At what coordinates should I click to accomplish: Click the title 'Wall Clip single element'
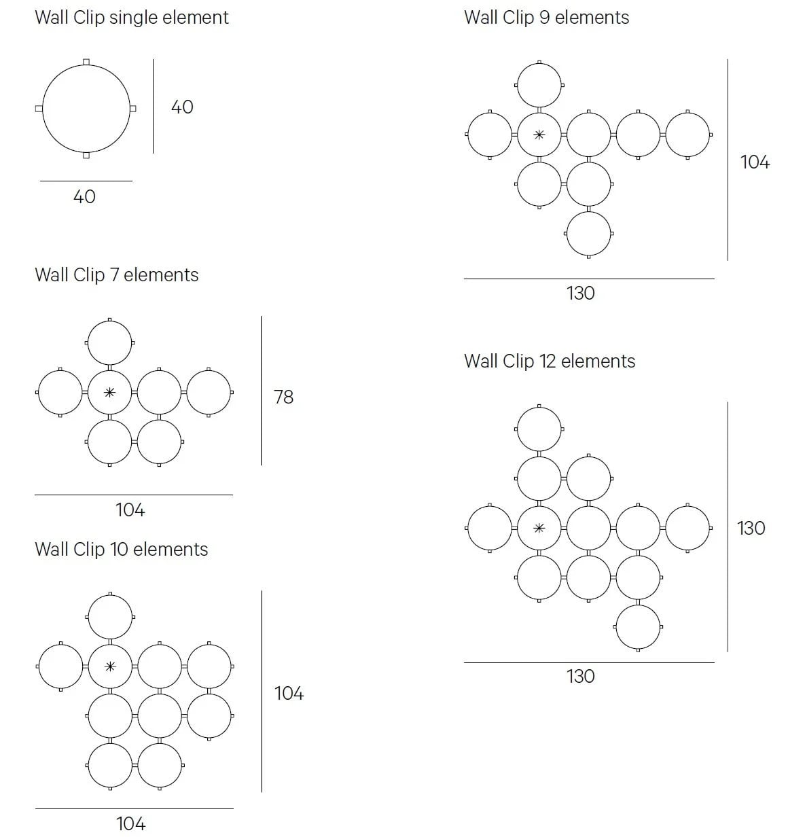131,18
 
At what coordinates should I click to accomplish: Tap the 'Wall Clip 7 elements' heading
116,275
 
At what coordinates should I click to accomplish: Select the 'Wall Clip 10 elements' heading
121,550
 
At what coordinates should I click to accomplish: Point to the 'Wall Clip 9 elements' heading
546,18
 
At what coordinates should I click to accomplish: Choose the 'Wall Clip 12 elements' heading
549,361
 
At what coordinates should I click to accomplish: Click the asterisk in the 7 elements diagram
109,393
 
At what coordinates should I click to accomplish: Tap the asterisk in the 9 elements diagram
539,135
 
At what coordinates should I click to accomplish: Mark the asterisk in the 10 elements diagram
110,666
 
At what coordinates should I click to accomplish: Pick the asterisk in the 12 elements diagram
539,528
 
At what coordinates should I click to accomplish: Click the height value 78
283,397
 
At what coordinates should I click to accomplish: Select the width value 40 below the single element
84,197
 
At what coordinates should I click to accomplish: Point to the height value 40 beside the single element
181,107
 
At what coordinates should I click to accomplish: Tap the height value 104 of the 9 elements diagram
754,162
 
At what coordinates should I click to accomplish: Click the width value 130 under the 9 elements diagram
580,293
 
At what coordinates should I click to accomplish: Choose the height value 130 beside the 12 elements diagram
751,529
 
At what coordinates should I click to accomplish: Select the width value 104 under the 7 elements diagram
130,510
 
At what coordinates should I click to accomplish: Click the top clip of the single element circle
86,62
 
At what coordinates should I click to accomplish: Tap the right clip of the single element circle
133,108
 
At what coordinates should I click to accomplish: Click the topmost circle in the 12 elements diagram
539,429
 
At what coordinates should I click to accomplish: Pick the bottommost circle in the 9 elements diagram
588,234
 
